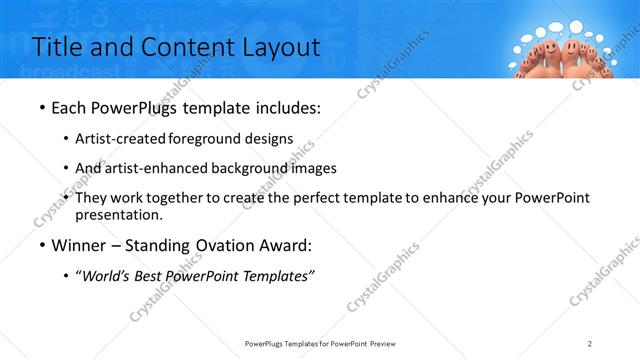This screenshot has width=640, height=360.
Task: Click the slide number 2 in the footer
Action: click(590, 344)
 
